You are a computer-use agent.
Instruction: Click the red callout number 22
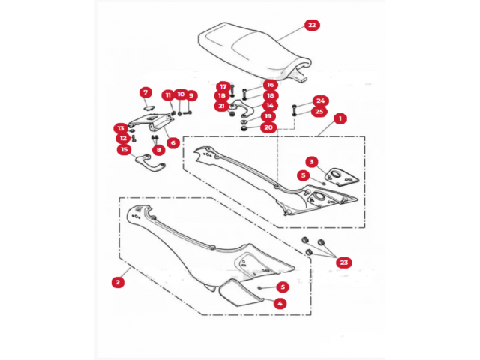click(312, 25)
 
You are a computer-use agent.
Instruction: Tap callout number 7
click(145, 92)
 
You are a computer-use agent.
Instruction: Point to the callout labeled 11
click(168, 95)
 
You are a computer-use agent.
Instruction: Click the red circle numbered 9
click(191, 95)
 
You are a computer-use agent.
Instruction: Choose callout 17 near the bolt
click(223, 86)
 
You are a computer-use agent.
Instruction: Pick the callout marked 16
click(270, 85)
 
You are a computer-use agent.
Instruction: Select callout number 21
click(221, 106)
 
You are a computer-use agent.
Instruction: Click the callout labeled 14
click(270, 106)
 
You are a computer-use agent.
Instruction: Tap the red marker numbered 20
click(268, 127)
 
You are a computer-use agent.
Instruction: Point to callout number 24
click(320, 100)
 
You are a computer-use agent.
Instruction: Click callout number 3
click(310, 161)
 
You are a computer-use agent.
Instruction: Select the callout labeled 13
click(120, 127)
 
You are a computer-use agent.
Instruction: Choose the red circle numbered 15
click(124, 149)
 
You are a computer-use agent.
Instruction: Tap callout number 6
click(172, 142)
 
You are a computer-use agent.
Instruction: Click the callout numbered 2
click(117, 283)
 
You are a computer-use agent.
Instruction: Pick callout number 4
click(280, 303)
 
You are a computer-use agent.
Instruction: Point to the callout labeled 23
click(343, 262)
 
